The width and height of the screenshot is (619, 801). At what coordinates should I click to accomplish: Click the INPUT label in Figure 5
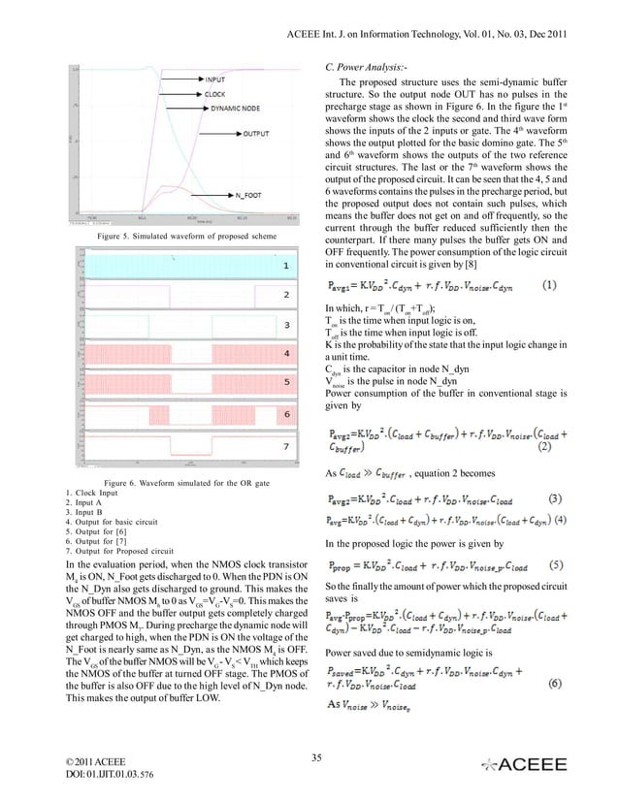coord(217,80)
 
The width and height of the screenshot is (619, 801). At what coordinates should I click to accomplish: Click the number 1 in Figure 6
coord(285,265)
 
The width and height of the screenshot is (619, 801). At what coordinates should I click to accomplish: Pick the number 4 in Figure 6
coord(285,356)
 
